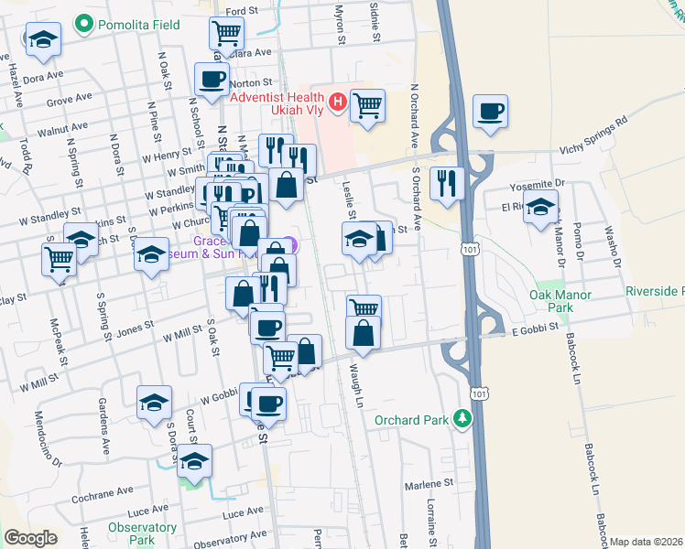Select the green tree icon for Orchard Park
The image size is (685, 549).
click(463, 420)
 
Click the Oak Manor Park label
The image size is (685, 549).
click(560, 301)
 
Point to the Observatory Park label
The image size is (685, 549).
click(141, 533)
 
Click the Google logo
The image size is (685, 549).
click(30, 537)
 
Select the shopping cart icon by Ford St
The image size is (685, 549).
click(226, 34)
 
